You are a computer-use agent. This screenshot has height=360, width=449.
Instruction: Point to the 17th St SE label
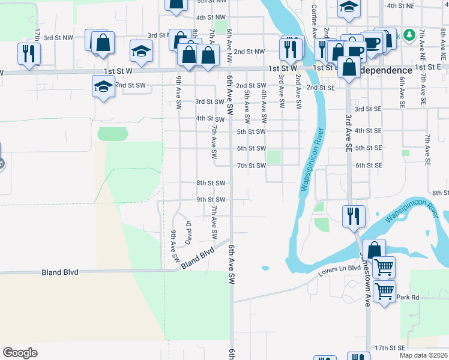pos(390,347)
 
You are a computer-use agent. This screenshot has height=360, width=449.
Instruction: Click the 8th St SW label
pos(211,182)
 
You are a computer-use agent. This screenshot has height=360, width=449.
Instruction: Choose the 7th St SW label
pos(252,165)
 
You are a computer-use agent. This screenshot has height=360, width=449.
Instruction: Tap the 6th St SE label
pos(369,165)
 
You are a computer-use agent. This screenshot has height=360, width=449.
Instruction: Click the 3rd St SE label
pos(368,109)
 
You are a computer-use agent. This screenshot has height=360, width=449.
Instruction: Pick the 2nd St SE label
pos(321,88)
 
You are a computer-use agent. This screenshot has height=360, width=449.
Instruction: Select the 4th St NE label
pos(401,5)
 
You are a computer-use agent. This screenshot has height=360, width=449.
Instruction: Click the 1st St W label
pos(283,68)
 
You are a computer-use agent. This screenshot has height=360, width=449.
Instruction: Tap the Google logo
pos(20,353)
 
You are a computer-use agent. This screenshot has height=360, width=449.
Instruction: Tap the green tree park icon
pos(410,35)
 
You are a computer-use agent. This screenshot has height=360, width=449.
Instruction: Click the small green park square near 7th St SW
pos(274,157)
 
